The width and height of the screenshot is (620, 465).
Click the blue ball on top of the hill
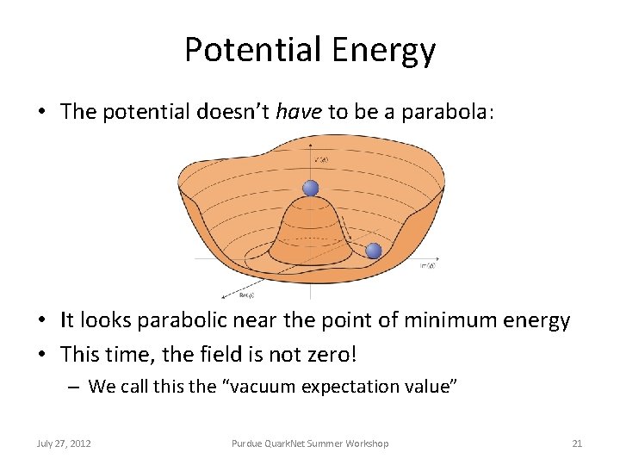coord(310,189)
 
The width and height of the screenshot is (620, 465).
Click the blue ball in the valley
coord(373,251)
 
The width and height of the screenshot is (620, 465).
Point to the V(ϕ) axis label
coord(320,160)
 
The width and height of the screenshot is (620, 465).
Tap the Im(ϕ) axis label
coord(427,266)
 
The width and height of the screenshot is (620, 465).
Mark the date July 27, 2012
coord(65,443)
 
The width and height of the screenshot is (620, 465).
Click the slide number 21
coord(577,443)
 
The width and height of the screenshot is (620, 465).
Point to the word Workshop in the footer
coord(367,443)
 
